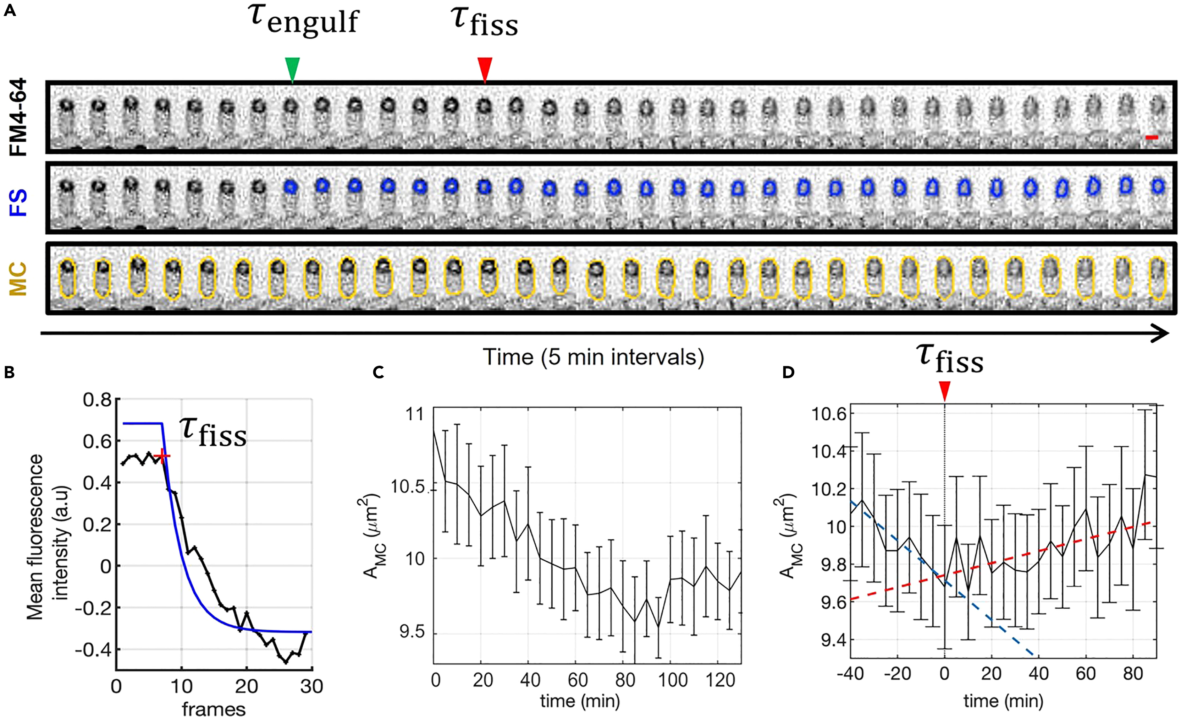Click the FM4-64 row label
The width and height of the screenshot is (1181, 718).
19,117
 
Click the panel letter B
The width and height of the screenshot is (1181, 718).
9,372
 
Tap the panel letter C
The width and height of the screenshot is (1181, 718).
378,372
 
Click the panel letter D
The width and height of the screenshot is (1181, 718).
788,372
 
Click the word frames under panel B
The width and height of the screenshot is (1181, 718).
214,709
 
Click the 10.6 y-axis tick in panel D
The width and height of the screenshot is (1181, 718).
828,413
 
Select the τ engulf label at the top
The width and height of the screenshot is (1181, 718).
304,20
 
